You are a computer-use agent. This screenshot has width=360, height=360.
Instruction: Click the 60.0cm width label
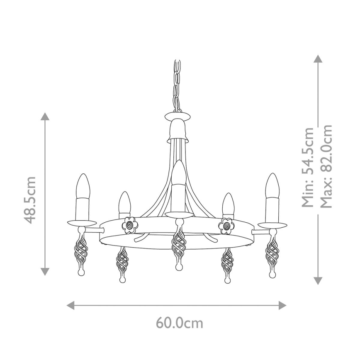tap(180, 322)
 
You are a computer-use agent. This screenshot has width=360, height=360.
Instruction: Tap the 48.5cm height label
tap(30, 199)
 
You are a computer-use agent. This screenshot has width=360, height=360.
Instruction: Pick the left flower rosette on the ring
tap(130, 225)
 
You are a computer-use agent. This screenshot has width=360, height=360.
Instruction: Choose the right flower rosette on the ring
tap(227, 225)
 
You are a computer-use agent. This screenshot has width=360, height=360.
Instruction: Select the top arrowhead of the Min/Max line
tap(318, 58)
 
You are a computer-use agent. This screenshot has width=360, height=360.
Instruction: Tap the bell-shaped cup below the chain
tap(178, 129)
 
